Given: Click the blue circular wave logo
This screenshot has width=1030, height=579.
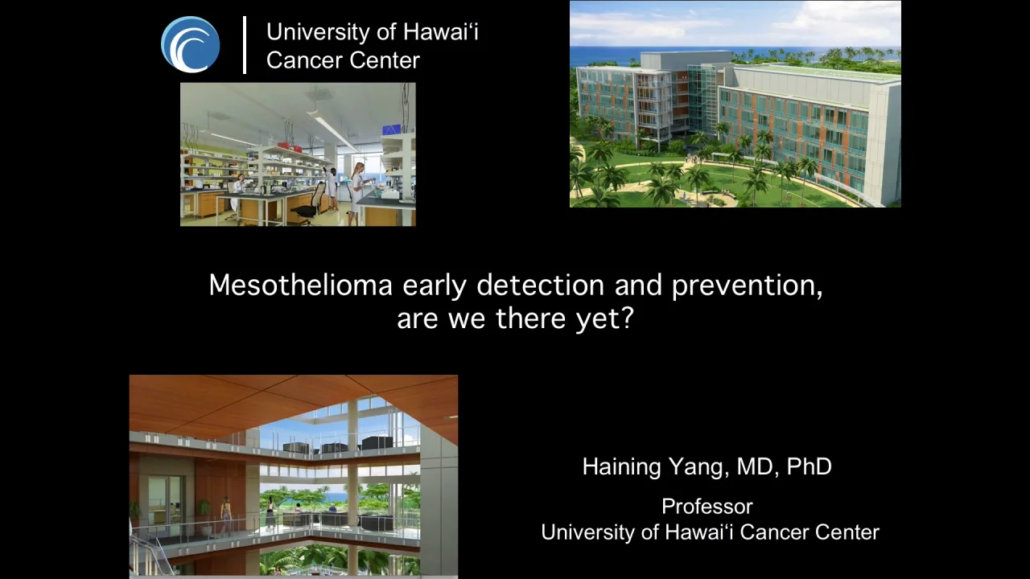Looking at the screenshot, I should point(190,44).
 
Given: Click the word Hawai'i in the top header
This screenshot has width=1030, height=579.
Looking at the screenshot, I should point(440,32).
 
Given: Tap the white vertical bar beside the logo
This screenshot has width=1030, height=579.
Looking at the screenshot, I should point(245,45).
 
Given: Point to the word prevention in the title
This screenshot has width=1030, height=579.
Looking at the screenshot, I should point(746,285).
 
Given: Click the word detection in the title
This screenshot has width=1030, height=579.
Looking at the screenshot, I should point(540,285).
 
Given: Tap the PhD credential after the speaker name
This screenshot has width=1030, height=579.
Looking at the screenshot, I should point(809,466).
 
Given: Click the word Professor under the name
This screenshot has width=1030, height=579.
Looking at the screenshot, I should point(707,507).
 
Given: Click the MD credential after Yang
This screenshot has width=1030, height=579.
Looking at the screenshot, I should point(752,466).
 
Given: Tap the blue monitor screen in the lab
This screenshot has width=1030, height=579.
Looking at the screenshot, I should point(391,129).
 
